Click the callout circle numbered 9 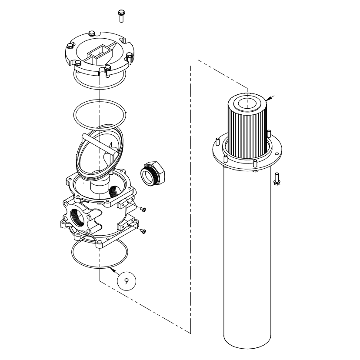tap(127, 281)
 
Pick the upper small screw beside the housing tap(143, 210)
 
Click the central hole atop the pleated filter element tap(247, 104)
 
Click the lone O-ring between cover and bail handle tap(100, 113)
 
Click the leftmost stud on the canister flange tap(217, 141)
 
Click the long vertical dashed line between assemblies tap(191, 196)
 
